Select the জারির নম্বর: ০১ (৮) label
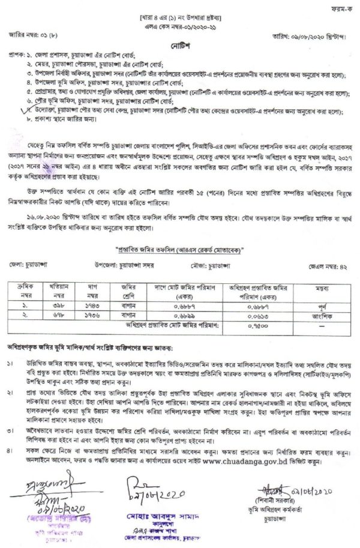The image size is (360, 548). click(33, 35)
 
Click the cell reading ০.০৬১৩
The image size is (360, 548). click(256, 314)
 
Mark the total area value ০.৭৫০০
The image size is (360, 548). click(256, 324)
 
